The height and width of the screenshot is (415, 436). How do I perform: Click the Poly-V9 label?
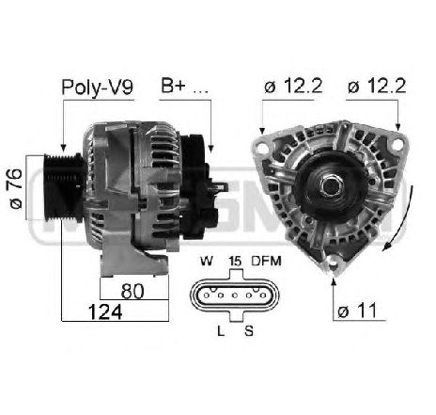pyautogui.click(x=97, y=88)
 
